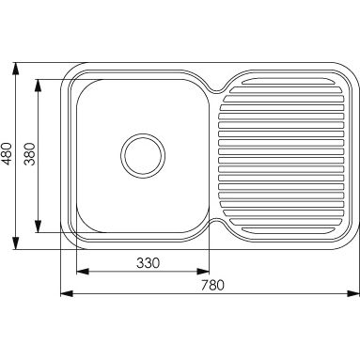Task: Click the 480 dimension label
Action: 7,153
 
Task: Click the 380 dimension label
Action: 30,154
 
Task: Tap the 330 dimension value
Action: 148,263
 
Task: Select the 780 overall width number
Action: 212,285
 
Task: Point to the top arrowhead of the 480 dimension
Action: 15,69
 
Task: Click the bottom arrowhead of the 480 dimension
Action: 15,243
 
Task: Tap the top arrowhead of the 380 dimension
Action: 38,86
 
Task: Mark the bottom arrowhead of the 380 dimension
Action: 38,227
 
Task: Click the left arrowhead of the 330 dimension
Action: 83,272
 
